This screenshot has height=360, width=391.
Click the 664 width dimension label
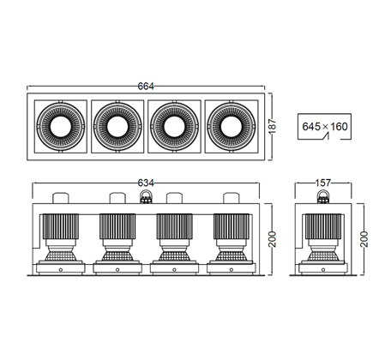tap(146, 86)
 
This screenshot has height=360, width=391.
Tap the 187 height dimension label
tap(273, 126)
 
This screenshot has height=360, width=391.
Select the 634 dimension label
tap(146, 183)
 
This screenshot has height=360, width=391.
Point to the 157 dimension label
tap(323, 183)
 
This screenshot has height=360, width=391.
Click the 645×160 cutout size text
tap(325, 126)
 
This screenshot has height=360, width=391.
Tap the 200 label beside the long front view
tap(274, 239)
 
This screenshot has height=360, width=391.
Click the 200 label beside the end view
tap(364, 239)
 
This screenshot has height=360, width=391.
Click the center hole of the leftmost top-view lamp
tap(60, 127)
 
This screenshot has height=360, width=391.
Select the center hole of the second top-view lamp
tap(117, 127)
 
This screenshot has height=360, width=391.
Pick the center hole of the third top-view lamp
tap(174, 127)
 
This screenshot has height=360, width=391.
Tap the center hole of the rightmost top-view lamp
tap(232, 127)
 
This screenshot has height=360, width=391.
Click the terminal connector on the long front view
tap(146, 196)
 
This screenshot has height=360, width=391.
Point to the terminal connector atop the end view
tap(323, 196)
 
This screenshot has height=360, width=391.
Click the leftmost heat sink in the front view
tap(61, 226)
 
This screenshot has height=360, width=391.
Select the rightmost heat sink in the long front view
tap(232, 226)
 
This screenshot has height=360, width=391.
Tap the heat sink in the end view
tap(323, 226)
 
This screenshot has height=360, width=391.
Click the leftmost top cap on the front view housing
tap(61, 198)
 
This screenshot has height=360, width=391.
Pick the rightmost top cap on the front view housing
tap(232, 198)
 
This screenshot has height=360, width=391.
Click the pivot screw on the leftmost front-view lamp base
tap(61, 269)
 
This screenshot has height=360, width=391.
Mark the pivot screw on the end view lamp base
tap(323, 269)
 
